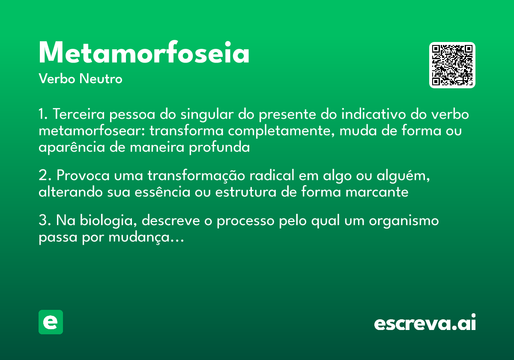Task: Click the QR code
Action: [x=452, y=65]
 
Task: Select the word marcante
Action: [x=377, y=192]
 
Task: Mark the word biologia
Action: [x=105, y=221]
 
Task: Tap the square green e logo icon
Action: [x=51, y=322]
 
